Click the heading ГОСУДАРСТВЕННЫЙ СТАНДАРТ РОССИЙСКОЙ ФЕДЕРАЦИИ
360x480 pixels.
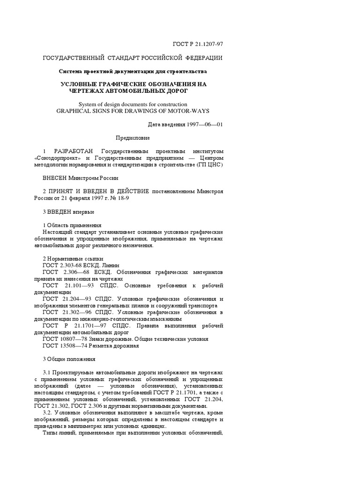click(x=133, y=58)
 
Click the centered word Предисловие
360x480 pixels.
click(x=133, y=138)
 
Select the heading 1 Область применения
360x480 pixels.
click(x=72, y=225)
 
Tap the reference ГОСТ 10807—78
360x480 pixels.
click(x=65, y=339)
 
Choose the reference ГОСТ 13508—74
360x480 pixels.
click(x=65, y=346)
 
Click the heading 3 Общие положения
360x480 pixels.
click(x=69, y=360)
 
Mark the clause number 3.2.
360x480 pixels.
click(x=48, y=413)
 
